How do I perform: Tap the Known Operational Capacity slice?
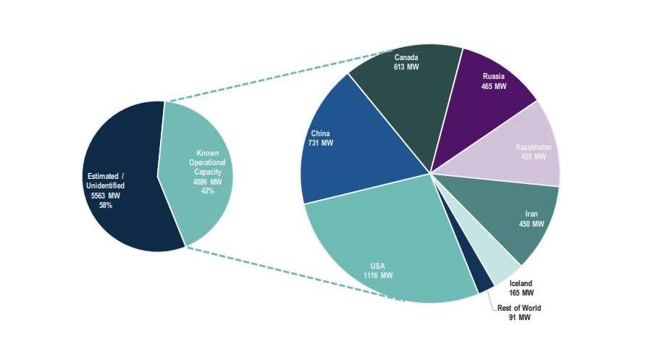pos(195,174)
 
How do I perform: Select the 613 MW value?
pos(407,67)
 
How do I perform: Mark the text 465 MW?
pos(494,85)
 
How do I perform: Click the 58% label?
pos(106,205)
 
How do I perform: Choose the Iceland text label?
pos(521,283)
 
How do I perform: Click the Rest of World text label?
pos(519,308)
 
